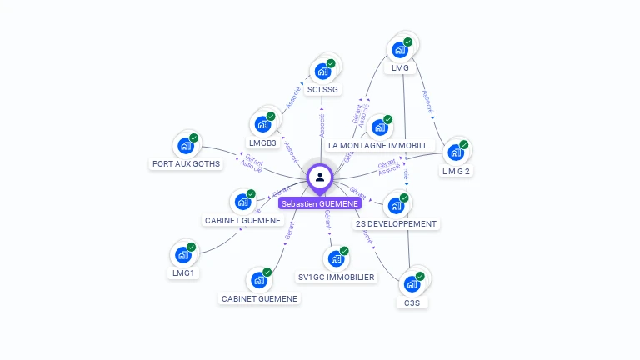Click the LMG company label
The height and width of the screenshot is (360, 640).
(400, 68)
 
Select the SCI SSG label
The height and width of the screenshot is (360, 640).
(323, 89)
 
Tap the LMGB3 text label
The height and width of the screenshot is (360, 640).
(262, 143)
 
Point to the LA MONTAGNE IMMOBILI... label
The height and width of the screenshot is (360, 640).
(381, 145)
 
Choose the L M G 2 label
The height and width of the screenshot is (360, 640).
(456, 171)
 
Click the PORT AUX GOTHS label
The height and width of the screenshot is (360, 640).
(186, 164)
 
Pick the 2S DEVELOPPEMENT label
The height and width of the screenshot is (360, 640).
(397, 223)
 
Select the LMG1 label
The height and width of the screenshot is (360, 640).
(183, 272)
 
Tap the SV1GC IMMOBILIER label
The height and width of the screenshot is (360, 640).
(337, 277)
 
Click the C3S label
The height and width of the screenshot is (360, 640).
(412, 302)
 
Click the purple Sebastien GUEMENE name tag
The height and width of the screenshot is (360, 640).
(320, 203)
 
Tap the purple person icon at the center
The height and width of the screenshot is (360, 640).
(320, 177)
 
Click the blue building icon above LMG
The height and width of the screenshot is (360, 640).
(400, 49)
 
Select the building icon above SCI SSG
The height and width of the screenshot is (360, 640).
(323, 71)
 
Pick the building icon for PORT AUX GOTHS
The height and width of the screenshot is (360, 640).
(185, 146)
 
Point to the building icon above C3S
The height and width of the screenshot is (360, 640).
(412, 284)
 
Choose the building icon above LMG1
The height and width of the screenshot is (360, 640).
(182, 254)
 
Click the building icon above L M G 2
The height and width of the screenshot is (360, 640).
(456, 152)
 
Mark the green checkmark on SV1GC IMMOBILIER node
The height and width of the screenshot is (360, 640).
(344, 250)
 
